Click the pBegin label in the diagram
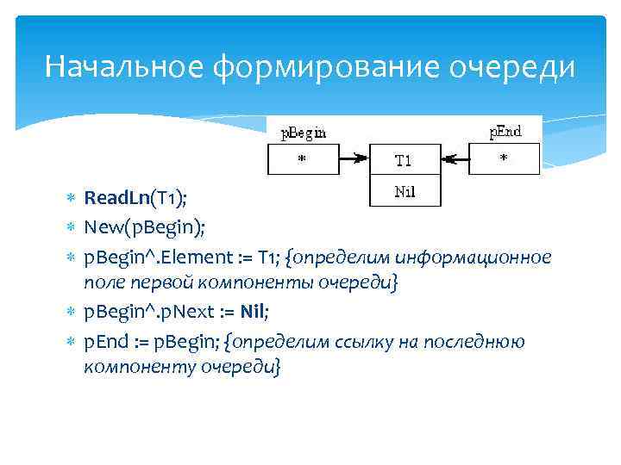tap(304, 133)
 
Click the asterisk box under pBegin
tap(302, 159)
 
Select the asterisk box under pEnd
tap(504, 159)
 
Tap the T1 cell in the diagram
tap(404, 160)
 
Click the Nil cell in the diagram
tap(404, 191)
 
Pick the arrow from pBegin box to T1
tap(354, 159)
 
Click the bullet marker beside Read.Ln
tap(72, 200)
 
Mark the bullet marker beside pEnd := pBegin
tap(72, 342)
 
